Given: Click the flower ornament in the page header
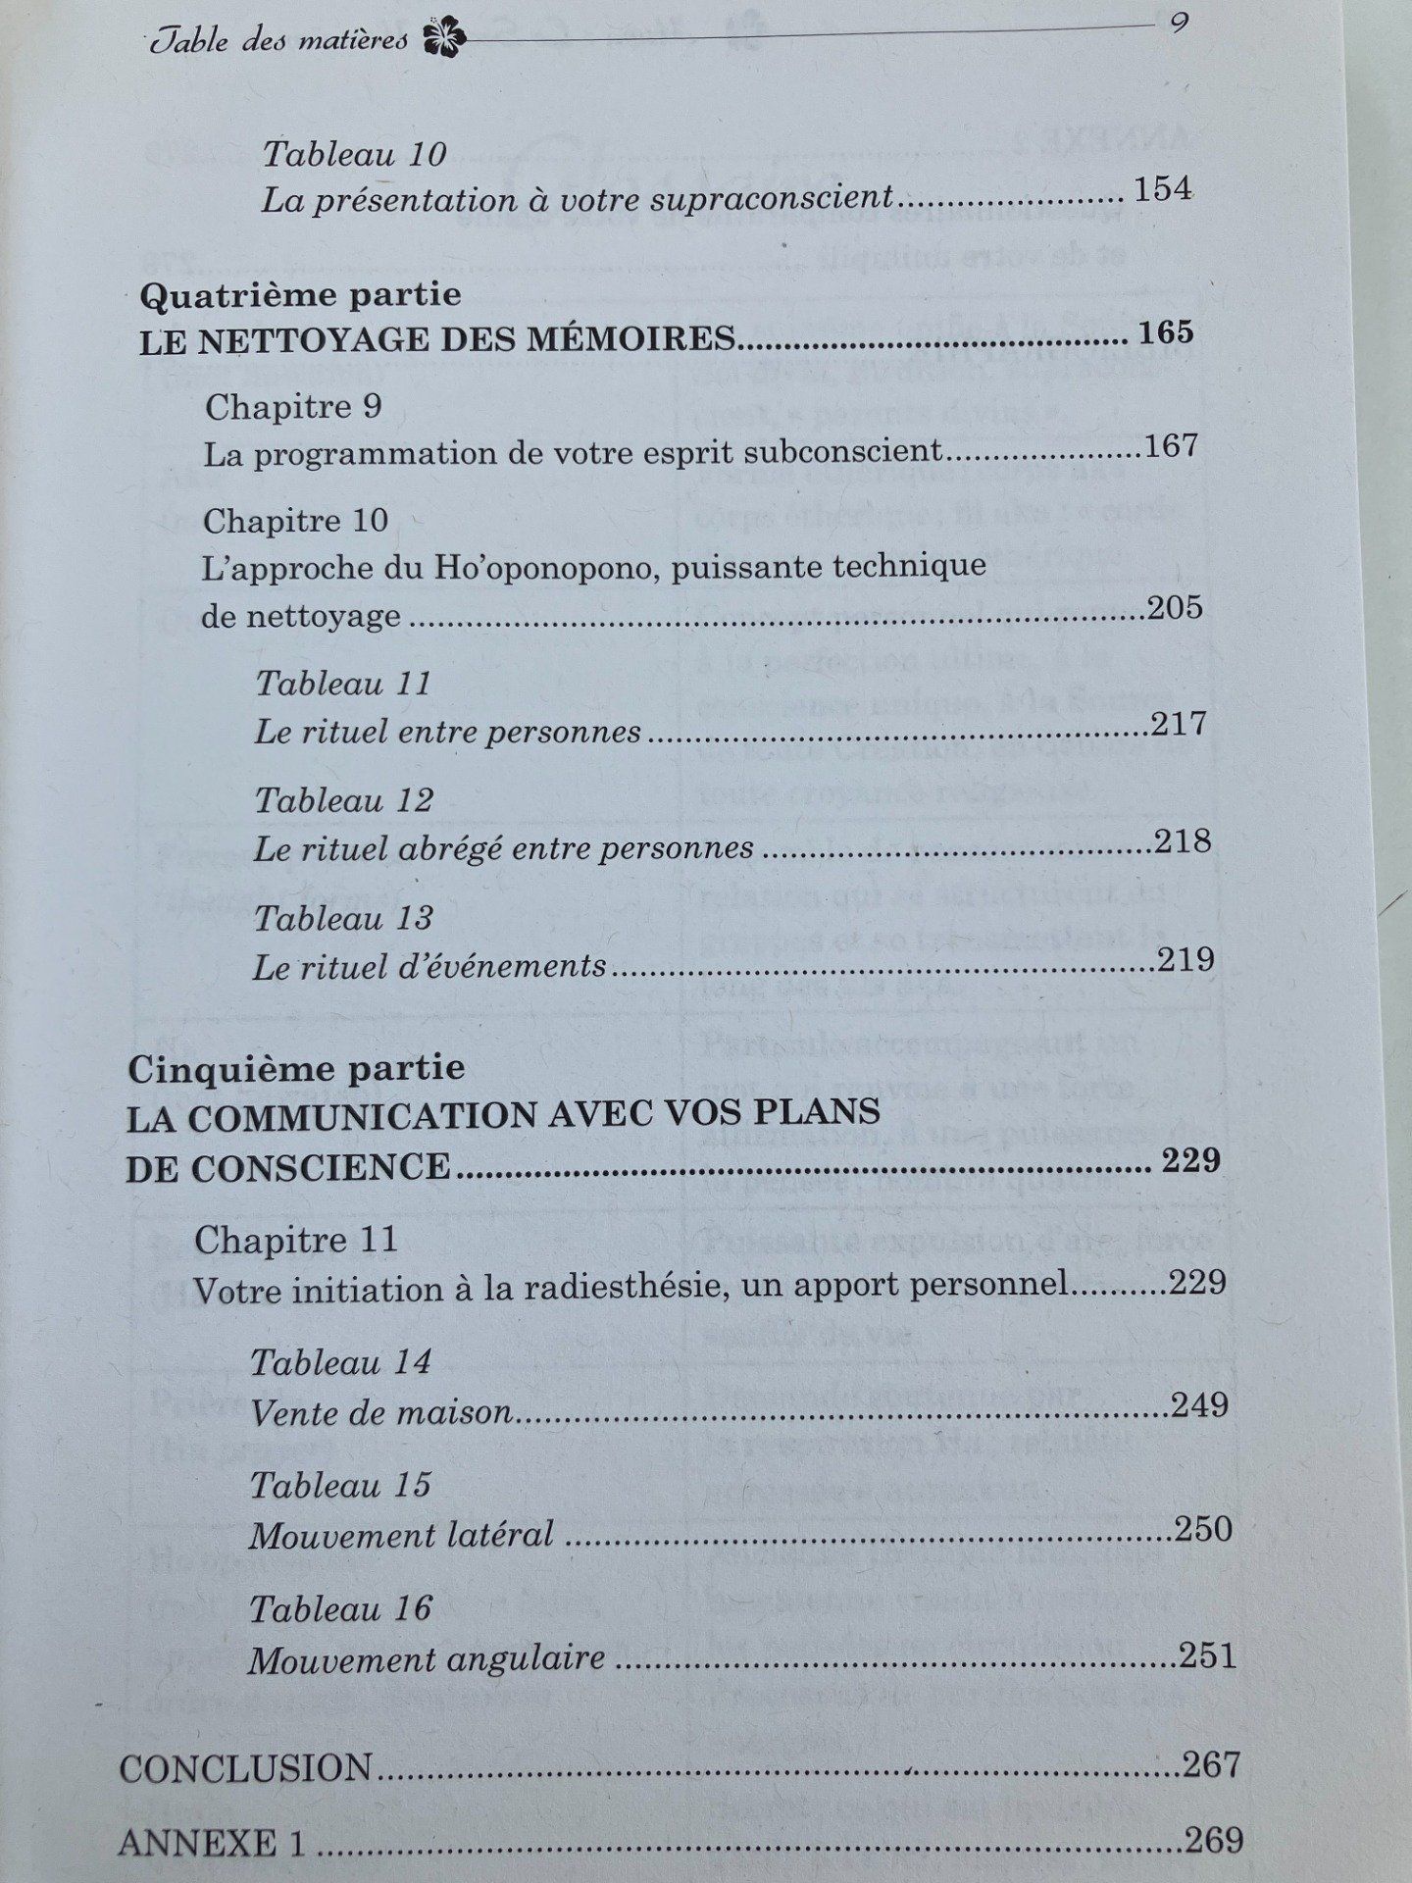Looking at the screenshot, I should (x=443, y=39).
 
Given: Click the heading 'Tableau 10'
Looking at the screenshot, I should (x=355, y=154).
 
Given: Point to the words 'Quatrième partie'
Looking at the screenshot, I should (x=301, y=294).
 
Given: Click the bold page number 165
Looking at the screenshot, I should (x=1167, y=332).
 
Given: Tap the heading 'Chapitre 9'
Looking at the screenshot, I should (x=293, y=407).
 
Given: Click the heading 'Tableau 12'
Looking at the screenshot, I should (x=344, y=800).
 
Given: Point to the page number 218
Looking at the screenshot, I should (x=1183, y=841).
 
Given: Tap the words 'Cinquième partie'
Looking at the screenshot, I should (x=296, y=1068).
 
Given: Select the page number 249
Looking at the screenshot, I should (x=1199, y=1405).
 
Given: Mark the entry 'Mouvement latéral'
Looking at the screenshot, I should (x=401, y=1535).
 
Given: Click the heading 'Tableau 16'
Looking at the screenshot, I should (x=340, y=1609).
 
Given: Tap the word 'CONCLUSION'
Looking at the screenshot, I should (x=246, y=1768).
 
